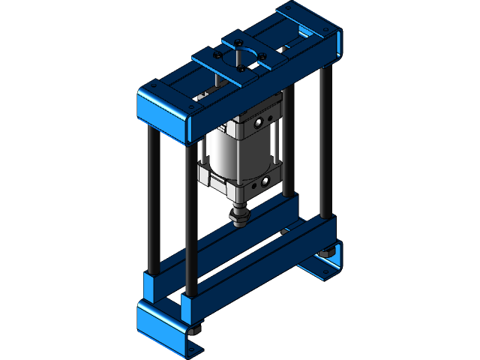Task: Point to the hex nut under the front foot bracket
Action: coord(196,331)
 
